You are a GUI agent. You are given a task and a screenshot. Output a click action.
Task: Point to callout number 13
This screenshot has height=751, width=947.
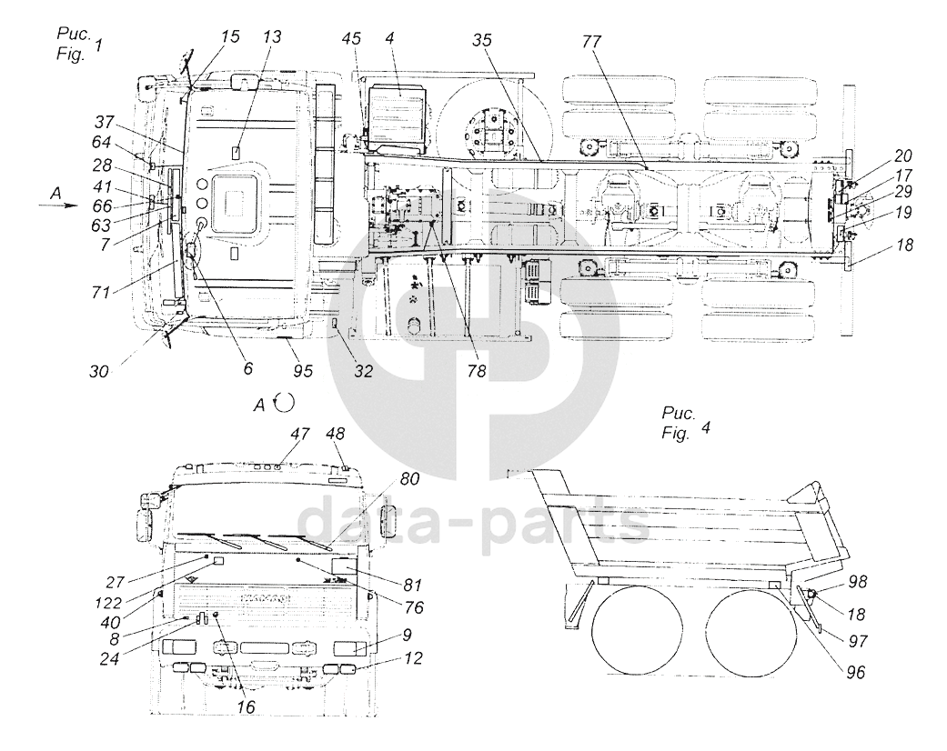(272, 37)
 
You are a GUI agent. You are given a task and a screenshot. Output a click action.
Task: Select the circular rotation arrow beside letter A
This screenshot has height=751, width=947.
(285, 400)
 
